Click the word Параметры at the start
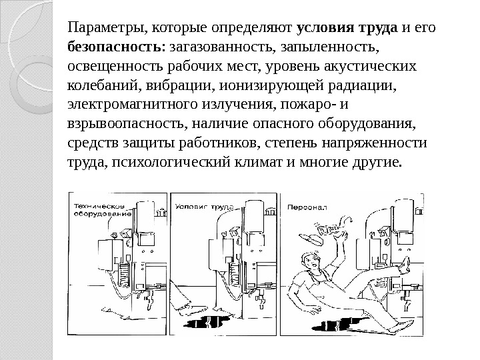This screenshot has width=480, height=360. pos(108,29)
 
